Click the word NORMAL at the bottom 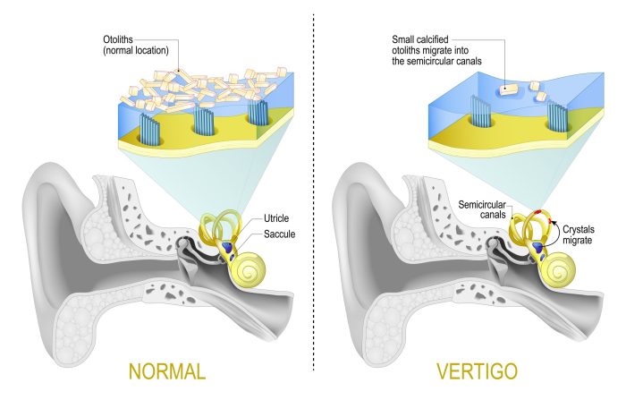point(167,371)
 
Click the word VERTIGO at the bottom point(477,371)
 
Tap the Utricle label point(276,218)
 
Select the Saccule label point(279,234)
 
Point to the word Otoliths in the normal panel point(118,39)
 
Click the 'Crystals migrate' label point(579,234)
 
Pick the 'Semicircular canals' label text point(482,209)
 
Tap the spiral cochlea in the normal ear point(250,269)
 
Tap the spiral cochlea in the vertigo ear point(560,269)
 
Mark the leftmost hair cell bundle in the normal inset point(149,129)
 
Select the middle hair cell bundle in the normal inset point(204,119)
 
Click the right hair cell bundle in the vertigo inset point(557,116)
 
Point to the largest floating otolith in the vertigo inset point(509,89)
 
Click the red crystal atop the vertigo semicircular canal point(539,210)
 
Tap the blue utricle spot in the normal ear point(227,246)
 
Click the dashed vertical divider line point(313,192)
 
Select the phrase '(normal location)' point(136,51)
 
